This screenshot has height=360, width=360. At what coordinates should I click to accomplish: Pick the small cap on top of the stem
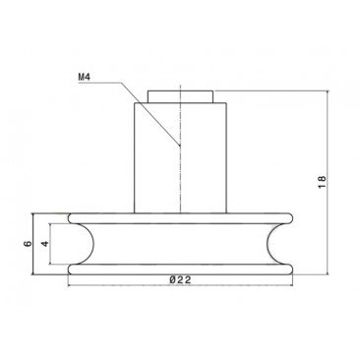(179, 95)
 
